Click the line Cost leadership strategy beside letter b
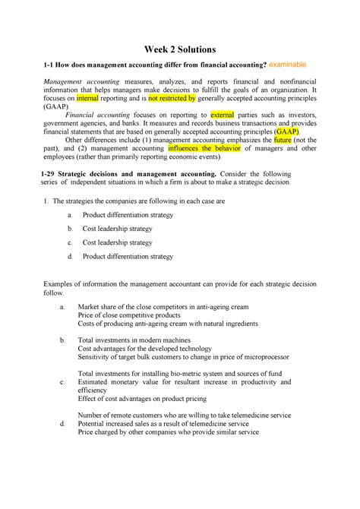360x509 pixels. [118, 228]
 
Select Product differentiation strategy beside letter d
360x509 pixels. [128, 257]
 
